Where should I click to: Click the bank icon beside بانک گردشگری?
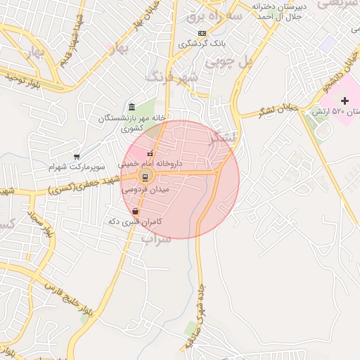click(x=202, y=33)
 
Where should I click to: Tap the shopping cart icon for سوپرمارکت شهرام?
click(x=76, y=156)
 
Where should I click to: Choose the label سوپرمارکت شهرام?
click(x=77, y=167)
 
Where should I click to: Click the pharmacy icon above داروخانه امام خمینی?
click(x=149, y=153)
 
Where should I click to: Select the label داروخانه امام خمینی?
click(x=150, y=163)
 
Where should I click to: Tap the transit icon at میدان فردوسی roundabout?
click(x=145, y=176)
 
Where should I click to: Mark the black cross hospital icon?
click(x=344, y=102)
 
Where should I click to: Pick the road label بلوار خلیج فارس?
click(x=63, y=284)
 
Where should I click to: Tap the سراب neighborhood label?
click(x=156, y=239)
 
